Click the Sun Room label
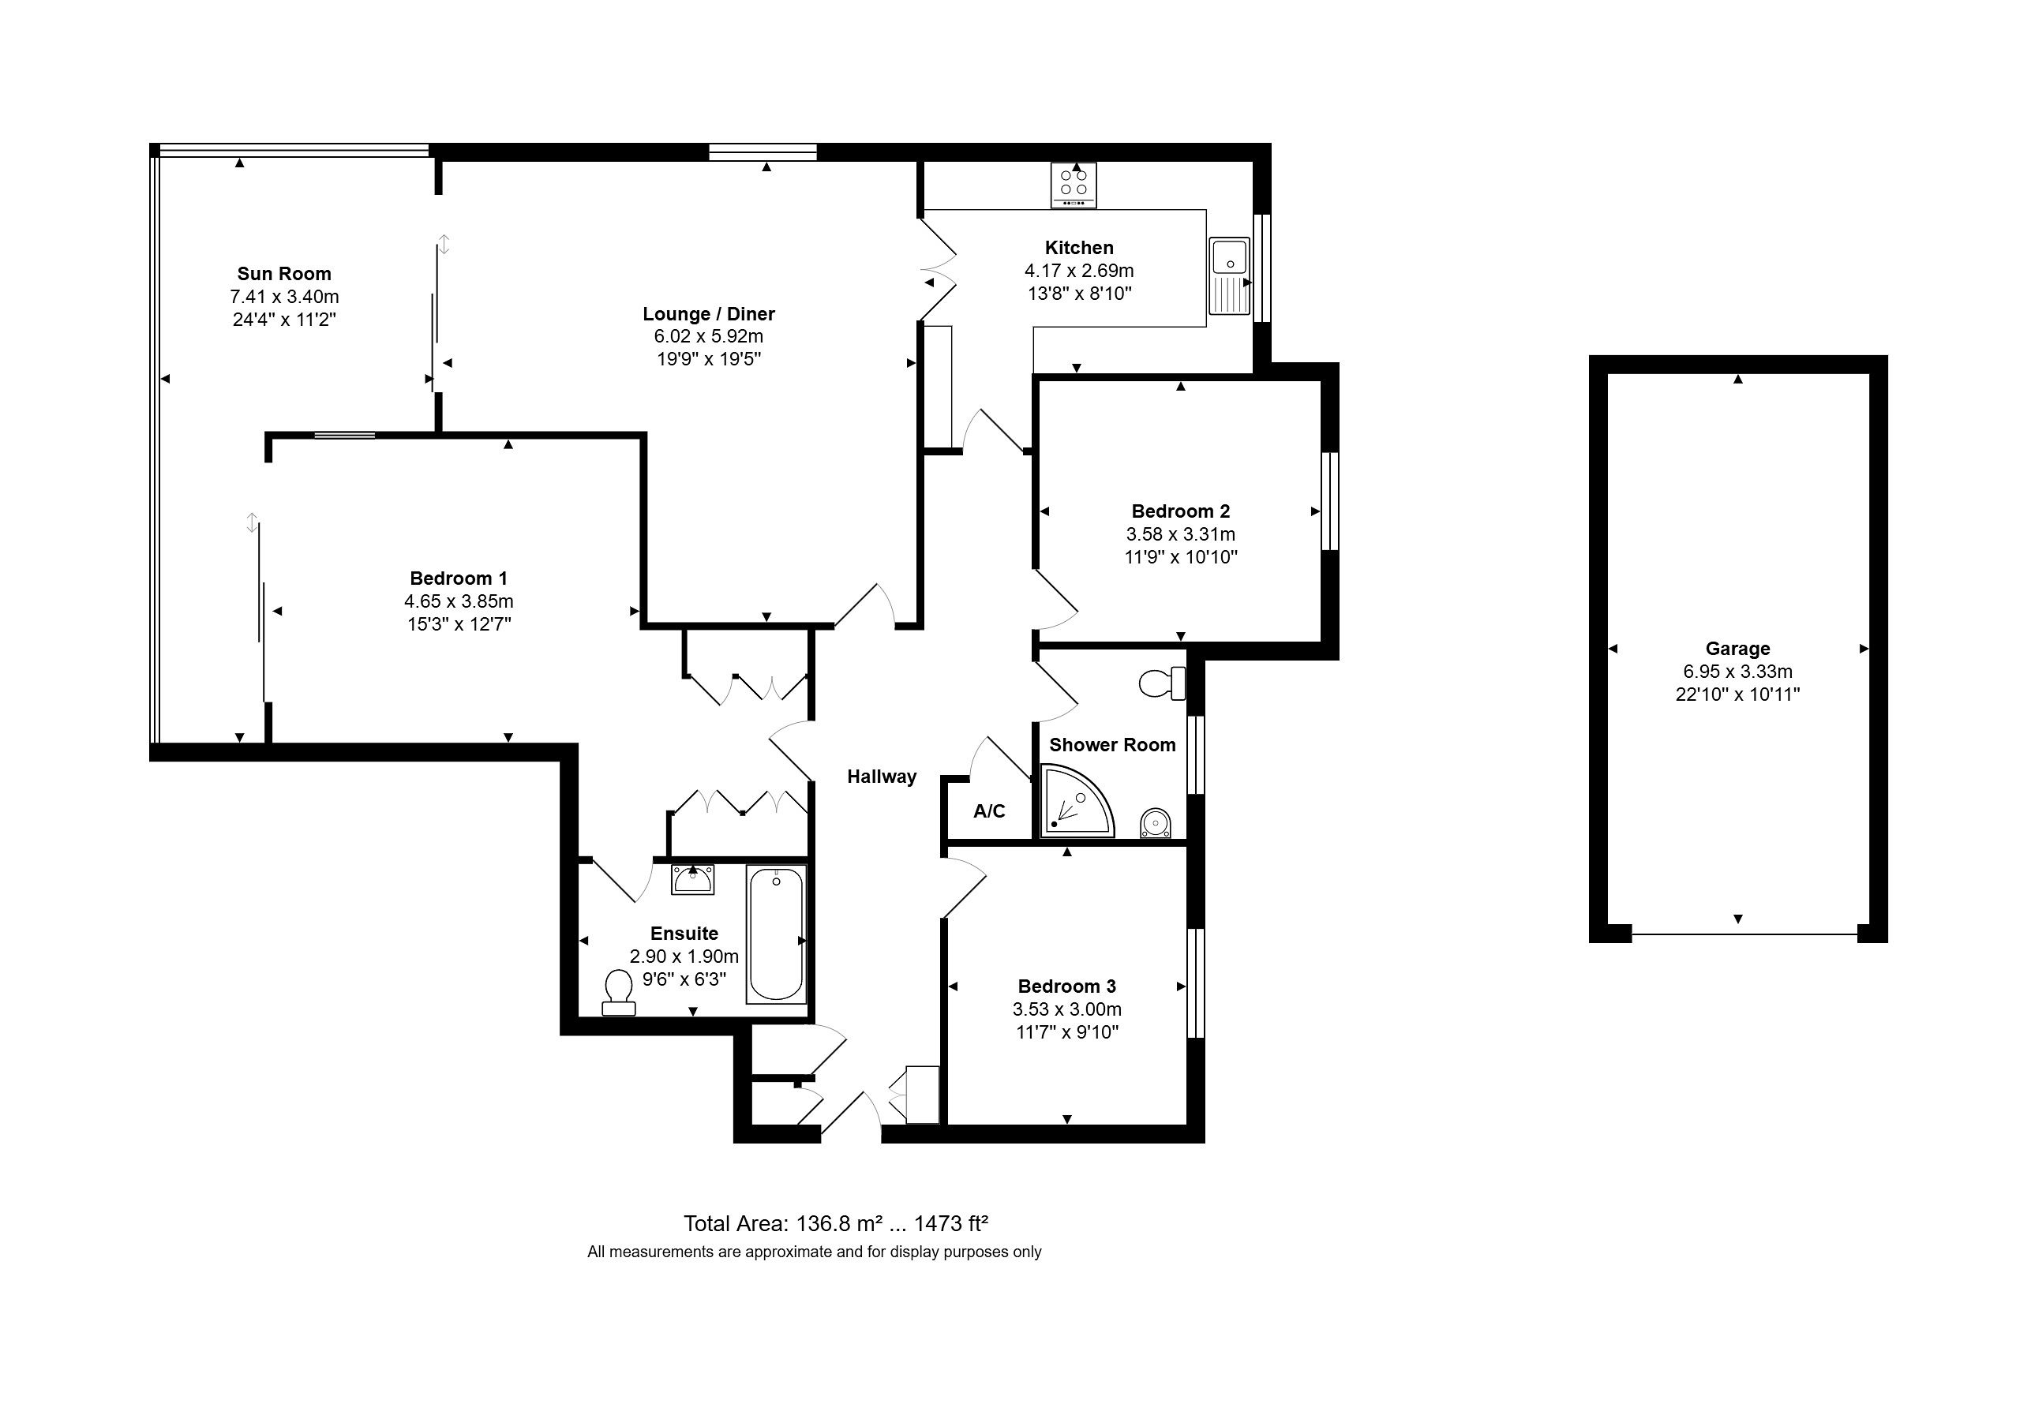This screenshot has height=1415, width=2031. pos(284,274)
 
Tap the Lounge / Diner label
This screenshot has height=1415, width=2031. pos(709,314)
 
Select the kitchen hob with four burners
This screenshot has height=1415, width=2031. pos(1074,185)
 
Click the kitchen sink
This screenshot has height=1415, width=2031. pos(1230,276)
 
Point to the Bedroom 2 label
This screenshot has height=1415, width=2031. pos(1181,511)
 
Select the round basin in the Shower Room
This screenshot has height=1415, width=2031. pos(1156,822)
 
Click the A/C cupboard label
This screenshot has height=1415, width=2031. pos(989,811)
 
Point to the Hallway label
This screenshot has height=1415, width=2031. pos(882,777)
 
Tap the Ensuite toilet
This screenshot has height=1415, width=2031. pos(618,993)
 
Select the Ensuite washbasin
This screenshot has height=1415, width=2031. pos(692,880)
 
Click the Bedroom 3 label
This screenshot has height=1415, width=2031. pos(1066,986)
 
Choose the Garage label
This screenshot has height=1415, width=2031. pos(1737,648)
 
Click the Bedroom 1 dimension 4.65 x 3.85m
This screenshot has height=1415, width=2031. pos(459,601)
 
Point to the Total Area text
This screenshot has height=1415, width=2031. pos(836,1223)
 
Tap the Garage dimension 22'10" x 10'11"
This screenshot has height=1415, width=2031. pos(1737,694)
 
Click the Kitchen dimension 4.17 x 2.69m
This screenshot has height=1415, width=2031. pos(1079,271)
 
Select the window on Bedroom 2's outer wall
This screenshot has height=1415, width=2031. pos(1329,501)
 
